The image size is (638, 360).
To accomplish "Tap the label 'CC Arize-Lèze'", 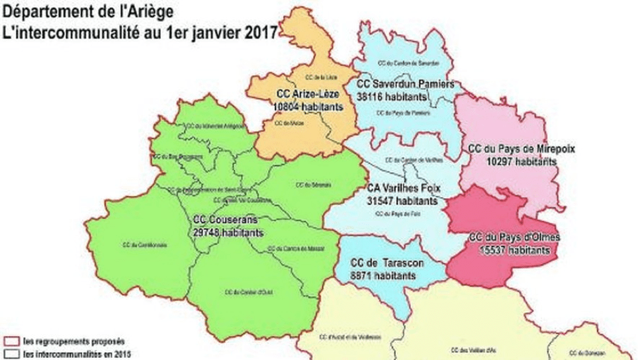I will [x=307, y=93].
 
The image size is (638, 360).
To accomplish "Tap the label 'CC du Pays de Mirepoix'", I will [x=522, y=150].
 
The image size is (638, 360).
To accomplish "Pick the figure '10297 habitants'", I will [x=520, y=161].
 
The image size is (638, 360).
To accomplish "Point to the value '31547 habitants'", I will [x=402, y=199].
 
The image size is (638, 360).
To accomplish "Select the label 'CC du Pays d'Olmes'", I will [x=515, y=237].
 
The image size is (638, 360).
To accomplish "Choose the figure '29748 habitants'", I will [x=227, y=232].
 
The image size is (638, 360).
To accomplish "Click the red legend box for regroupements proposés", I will [x=11, y=342].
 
